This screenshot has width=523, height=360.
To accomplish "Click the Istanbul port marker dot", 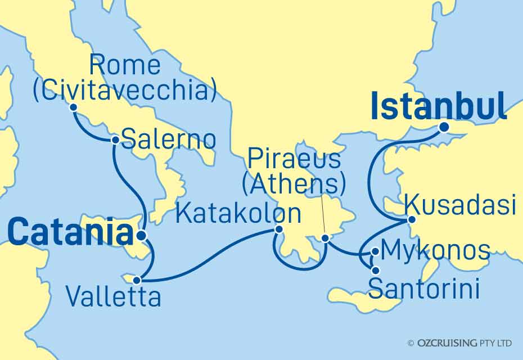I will pyautogui.click(x=444, y=128).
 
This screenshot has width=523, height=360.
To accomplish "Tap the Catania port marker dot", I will pyautogui.click(x=141, y=235).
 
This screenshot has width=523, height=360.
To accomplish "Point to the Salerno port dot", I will pyautogui.click(x=115, y=139).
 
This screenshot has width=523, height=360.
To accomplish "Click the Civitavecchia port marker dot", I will pyautogui.click(x=73, y=108).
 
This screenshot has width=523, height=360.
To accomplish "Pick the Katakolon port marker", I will pyautogui.click(x=278, y=229).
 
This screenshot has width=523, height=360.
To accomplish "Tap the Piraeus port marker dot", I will pyautogui.click(x=325, y=238).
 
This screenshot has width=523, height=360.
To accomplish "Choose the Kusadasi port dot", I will pyautogui.click(x=411, y=219).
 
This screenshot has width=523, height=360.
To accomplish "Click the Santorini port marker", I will pyautogui.click(x=375, y=271).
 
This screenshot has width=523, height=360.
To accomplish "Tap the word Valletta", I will pyautogui.click(x=113, y=296).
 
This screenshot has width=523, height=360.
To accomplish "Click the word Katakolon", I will pyautogui.click(x=238, y=214).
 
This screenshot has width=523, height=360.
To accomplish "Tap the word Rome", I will pyautogui.click(x=125, y=66).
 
